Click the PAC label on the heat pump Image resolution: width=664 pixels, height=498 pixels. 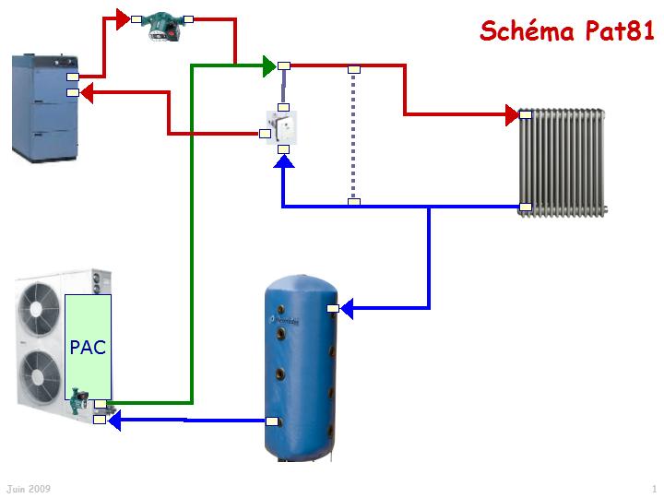point(88,348)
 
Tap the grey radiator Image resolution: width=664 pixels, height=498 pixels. point(562,162)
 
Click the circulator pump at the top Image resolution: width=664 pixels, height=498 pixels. point(162,23)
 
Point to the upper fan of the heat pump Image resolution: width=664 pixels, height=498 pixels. point(42,308)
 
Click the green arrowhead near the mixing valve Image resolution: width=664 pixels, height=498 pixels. point(268,65)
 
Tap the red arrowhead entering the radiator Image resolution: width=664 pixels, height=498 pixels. point(512,114)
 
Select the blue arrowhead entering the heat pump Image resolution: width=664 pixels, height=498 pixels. point(115,421)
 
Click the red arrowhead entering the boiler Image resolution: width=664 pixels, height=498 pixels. point(86,92)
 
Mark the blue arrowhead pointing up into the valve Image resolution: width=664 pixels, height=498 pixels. point(284,162)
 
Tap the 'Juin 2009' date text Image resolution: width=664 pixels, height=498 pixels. point(29,488)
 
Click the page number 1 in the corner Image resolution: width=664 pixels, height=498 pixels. point(653,488)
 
